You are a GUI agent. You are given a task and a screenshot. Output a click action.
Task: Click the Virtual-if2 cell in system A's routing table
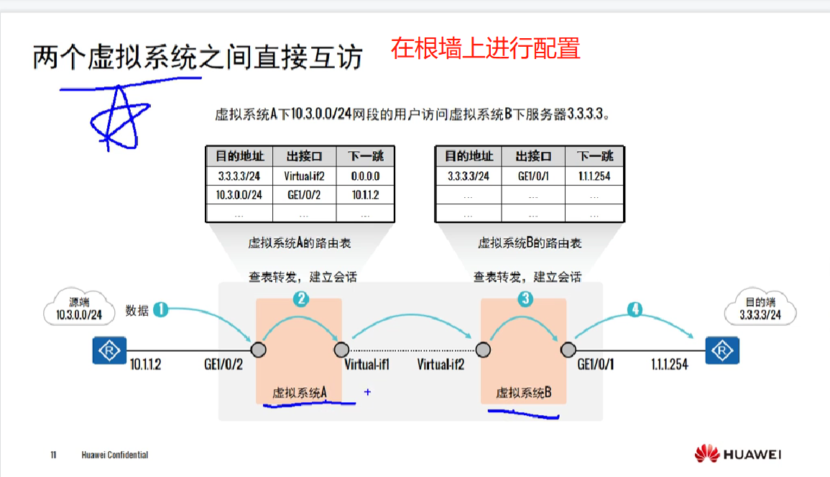pyautogui.click(x=304, y=176)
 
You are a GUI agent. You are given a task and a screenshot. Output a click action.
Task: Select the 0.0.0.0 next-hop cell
pyautogui.click(x=365, y=176)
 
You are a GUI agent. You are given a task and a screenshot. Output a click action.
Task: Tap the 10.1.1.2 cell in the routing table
pyautogui.click(x=365, y=195)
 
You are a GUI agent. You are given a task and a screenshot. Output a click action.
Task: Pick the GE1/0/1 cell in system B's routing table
pyautogui.click(x=533, y=176)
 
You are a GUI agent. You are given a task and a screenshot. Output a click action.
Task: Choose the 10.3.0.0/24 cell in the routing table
pyautogui.click(x=239, y=195)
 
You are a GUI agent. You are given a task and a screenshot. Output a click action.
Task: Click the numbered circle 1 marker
pyautogui.click(x=161, y=309)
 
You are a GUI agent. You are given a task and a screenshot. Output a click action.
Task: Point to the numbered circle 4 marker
pyautogui.click(x=635, y=309)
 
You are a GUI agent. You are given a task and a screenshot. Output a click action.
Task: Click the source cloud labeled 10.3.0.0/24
pyautogui.click(x=78, y=309)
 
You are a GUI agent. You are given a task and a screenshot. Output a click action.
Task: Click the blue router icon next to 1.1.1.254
pyautogui.click(x=721, y=350)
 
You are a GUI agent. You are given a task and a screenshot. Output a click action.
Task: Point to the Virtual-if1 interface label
pyautogui.click(x=366, y=364)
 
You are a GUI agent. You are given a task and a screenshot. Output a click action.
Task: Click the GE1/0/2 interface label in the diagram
pyautogui.click(x=223, y=364)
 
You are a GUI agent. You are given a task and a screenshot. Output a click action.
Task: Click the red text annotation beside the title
pyautogui.click(x=486, y=48)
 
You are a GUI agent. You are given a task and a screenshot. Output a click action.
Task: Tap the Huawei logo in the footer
pyautogui.click(x=737, y=454)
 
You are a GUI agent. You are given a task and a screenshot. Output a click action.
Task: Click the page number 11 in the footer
pyautogui.click(x=54, y=455)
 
